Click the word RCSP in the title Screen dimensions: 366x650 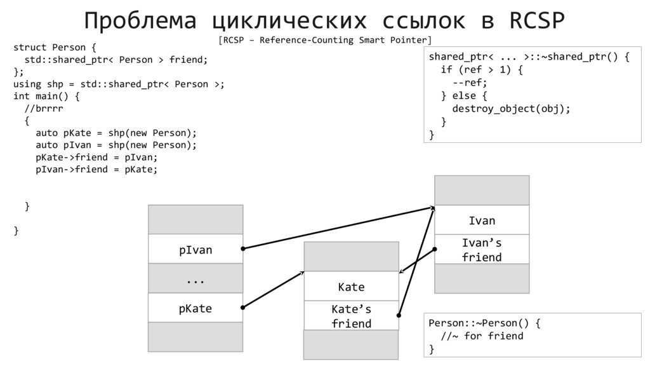coord(537,21)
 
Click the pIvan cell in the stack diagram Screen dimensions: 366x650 coord(196,249)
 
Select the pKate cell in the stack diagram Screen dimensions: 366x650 coord(196,308)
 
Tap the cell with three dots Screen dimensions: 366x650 coord(196,279)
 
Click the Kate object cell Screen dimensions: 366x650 coord(351,287)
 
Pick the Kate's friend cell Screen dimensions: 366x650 coord(351,316)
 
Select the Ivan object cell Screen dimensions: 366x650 coord(482,220)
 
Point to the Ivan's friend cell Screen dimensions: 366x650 coord(482,250)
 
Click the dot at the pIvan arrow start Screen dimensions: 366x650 coord(244,248)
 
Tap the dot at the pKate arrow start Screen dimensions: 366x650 coord(244,308)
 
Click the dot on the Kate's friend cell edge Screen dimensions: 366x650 coord(399,314)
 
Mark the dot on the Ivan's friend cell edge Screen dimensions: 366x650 coord(435,248)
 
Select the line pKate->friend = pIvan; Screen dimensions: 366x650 coord(96,157)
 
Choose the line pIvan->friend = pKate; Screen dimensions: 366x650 coord(96,169)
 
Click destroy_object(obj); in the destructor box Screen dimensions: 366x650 coord(511,108)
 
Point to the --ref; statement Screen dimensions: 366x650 coord(470,83)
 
